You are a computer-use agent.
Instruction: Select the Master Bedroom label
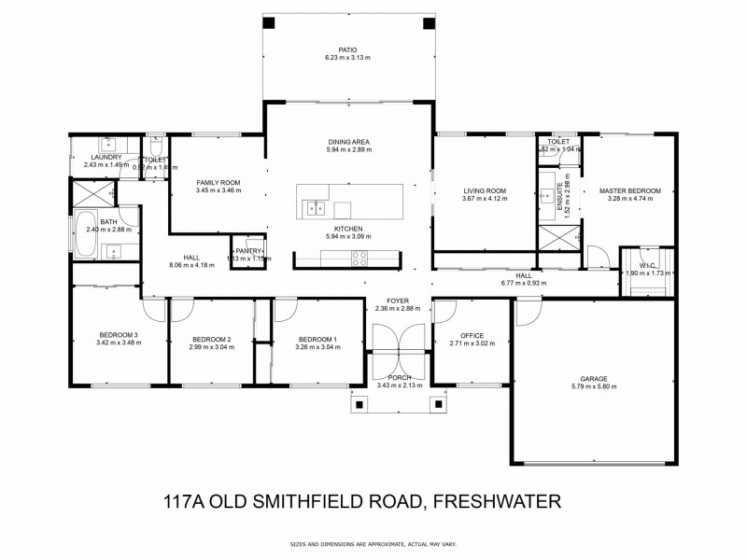pyautogui.click(x=634, y=190)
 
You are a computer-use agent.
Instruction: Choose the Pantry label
pyautogui.click(x=249, y=251)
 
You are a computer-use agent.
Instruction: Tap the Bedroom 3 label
pyautogui.click(x=119, y=335)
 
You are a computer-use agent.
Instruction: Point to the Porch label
pyautogui.click(x=399, y=376)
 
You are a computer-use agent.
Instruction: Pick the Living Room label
pyautogui.click(x=484, y=190)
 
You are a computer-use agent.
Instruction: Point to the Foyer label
pyautogui.click(x=399, y=300)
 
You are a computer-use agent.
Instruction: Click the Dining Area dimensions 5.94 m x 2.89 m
pyautogui.click(x=348, y=149)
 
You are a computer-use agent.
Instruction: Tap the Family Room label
pyautogui.click(x=218, y=182)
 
